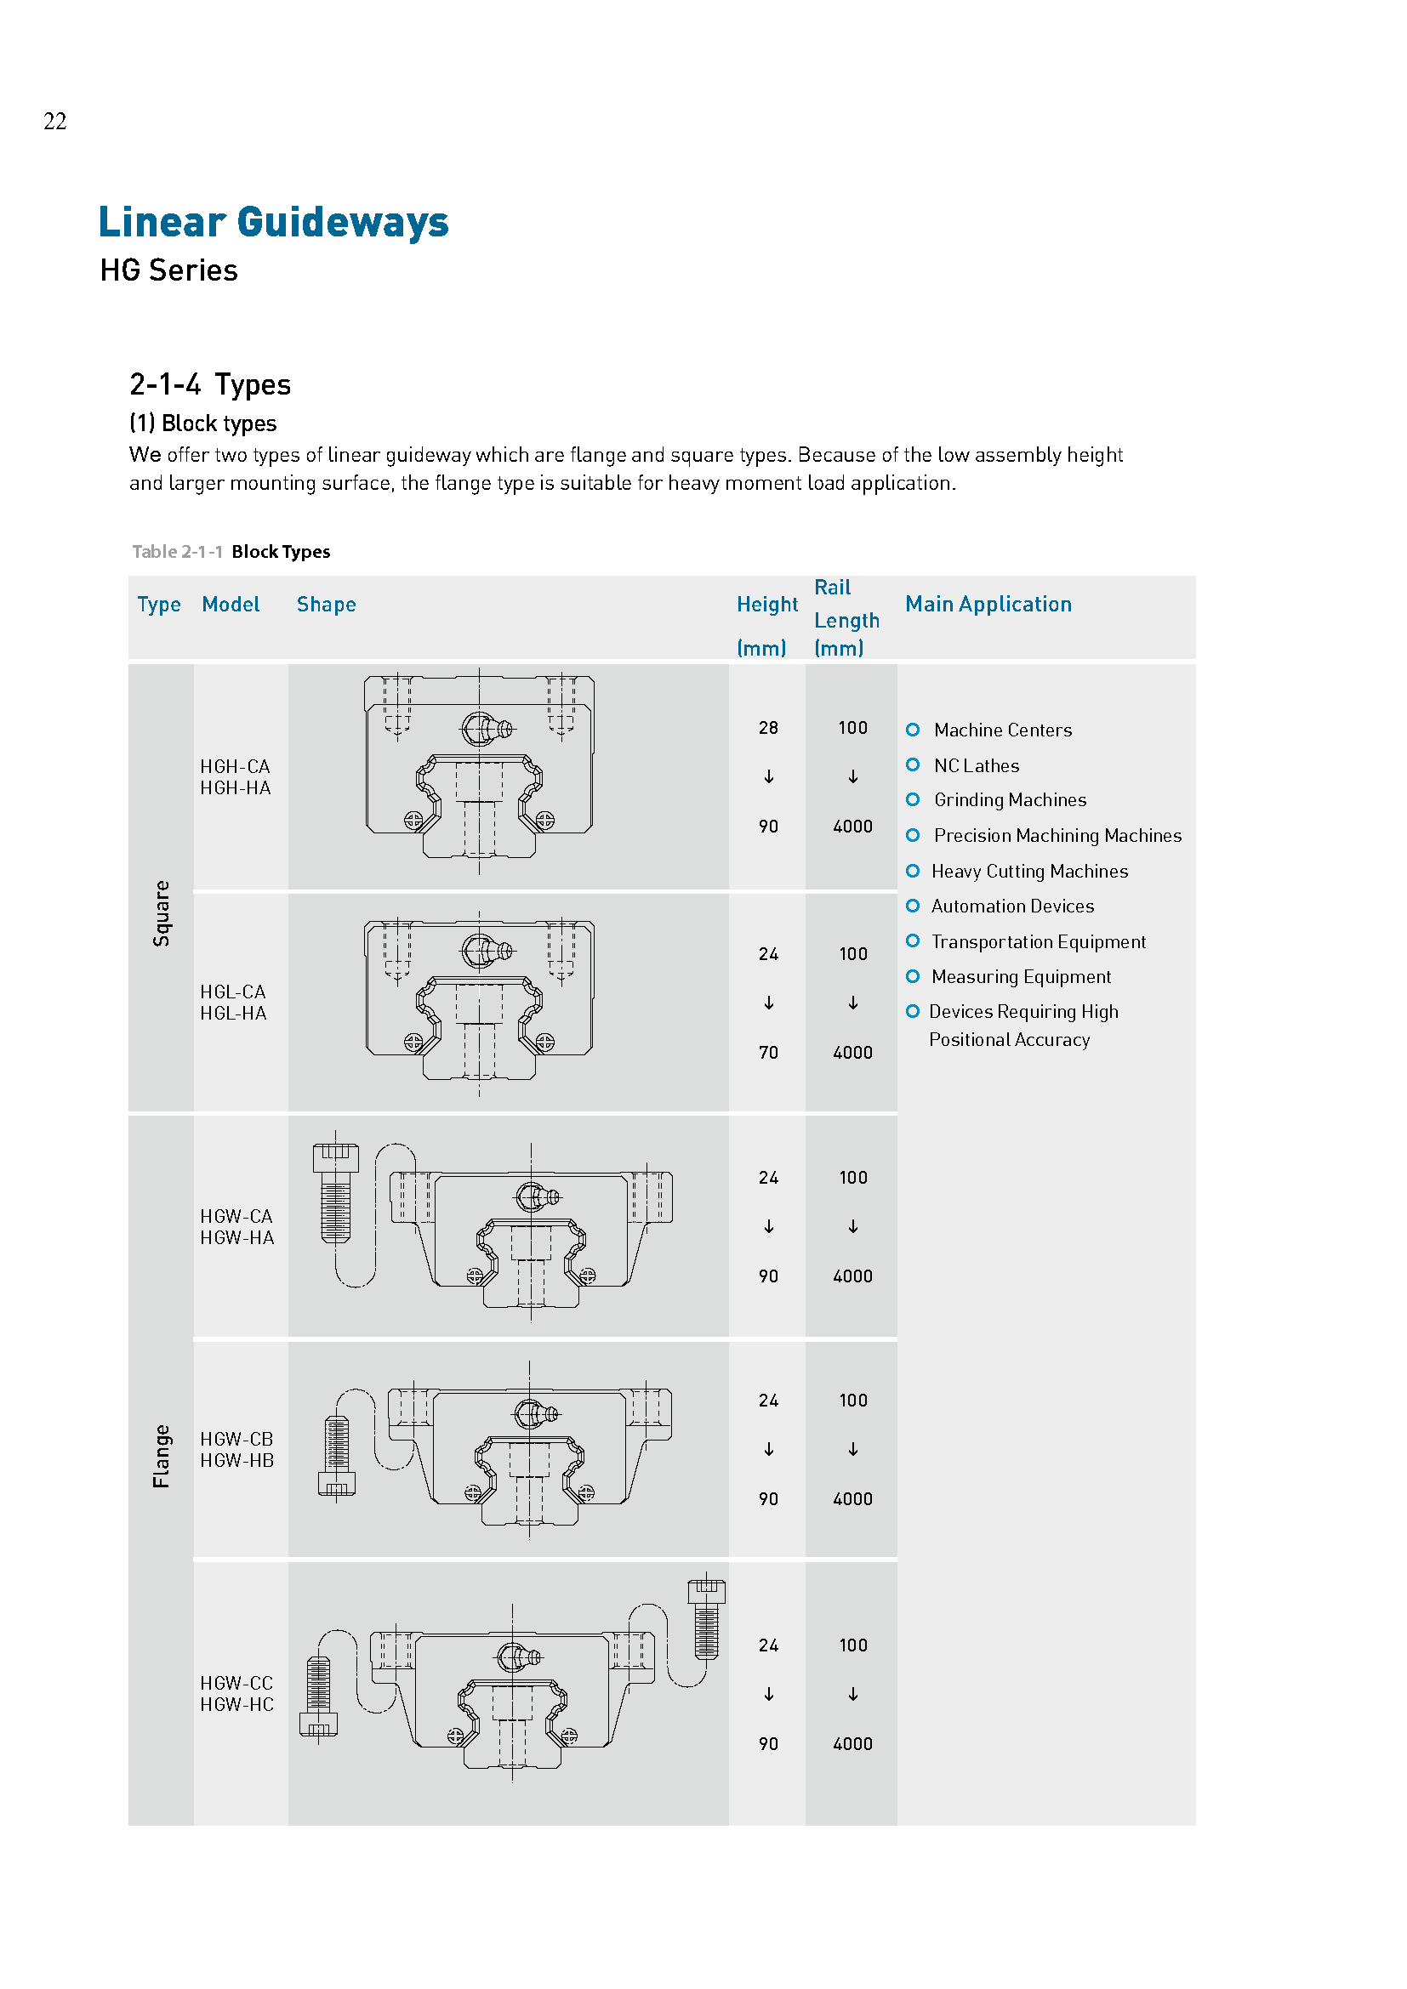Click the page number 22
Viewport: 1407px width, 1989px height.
(54, 122)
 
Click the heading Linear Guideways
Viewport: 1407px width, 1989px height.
(273, 222)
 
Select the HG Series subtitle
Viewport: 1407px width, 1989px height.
(168, 270)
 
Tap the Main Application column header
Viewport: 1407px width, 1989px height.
(988, 604)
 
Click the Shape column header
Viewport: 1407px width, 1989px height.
(326, 605)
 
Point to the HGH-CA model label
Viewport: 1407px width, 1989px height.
(235, 767)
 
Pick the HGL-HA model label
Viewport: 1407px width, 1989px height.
(233, 1014)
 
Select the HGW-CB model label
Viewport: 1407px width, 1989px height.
(236, 1439)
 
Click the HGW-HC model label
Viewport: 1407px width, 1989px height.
(236, 1705)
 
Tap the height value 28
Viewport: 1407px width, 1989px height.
(767, 728)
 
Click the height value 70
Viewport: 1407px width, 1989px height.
(767, 1053)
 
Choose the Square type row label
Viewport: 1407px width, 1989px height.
(161, 914)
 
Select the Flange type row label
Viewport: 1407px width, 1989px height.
(161, 1456)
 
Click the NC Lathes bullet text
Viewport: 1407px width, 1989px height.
(976, 766)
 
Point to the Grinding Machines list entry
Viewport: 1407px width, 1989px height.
(1010, 800)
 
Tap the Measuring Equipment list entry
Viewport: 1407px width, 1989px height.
(1021, 977)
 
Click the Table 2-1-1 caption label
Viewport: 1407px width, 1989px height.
(177, 552)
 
